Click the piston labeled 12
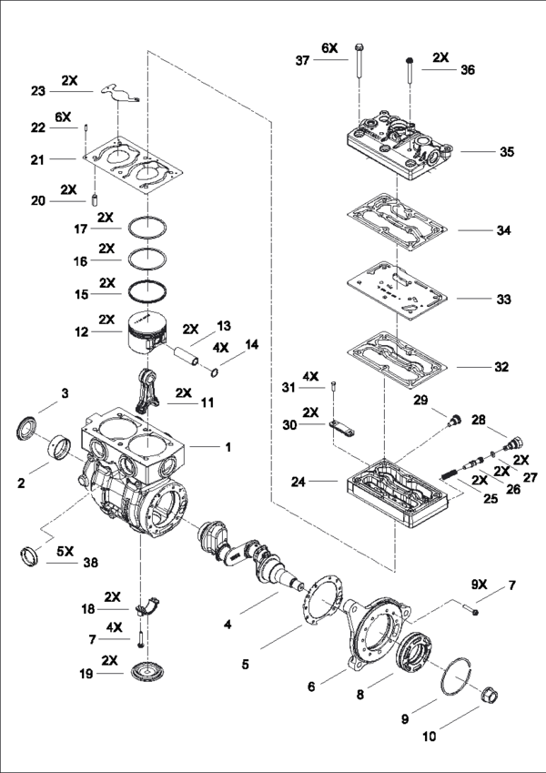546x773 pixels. [x=147, y=332]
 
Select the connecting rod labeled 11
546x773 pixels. [x=147, y=391]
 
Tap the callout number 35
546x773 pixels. [x=507, y=151]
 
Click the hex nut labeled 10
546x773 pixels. [x=490, y=694]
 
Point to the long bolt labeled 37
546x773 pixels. [x=359, y=62]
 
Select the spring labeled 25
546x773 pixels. [x=449, y=476]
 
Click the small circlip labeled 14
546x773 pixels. [x=215, y=372]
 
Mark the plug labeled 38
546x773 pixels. [x=29, y=556]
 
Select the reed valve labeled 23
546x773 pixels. [x=120, y=93]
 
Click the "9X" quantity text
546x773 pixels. [x=479, y=585]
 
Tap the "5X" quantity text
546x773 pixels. [x=65, y=551]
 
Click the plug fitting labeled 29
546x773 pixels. [x=453, y=421]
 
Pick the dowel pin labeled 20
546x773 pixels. [x=96, y=201]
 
